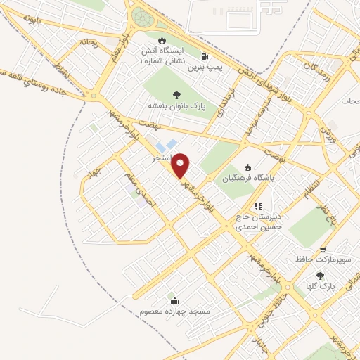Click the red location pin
[181, 166]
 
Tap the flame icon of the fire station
[162, 40]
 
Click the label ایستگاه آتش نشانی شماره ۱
[164, 57]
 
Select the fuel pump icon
[204, 56]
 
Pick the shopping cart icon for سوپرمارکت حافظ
[323, 250]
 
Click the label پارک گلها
[319, 286]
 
